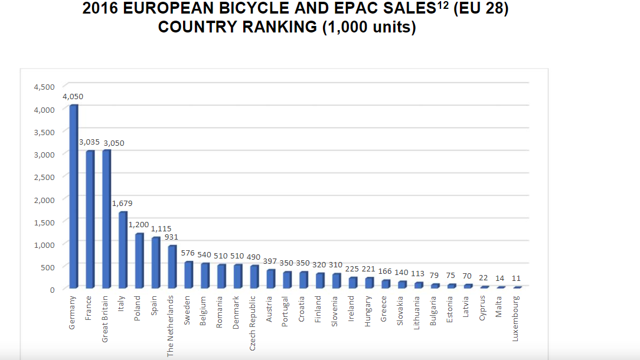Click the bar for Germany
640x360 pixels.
[x=74, y=197]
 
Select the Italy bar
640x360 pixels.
[x=123, y=250]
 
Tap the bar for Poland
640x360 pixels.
[x=139, y=261]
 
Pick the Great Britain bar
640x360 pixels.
[x=106, y=219]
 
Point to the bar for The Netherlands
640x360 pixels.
[x=172, y=267]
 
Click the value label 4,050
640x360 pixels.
[x=73, y=97]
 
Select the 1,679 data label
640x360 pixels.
[x=122, y=203]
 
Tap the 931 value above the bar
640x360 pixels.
[x=171, y=237]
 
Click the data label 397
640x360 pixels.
[x=270, y=261]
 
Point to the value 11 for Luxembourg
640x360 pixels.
[x=517, y=279]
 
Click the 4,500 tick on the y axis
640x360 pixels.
[x=44, y=87]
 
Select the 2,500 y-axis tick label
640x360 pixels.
[x=44, y=177]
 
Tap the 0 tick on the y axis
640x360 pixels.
[x=52, y=290]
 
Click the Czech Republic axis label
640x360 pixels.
[x=252, y=323]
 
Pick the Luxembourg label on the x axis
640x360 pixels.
[x=515, y=318]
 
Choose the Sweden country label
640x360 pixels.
[x=187, y=310]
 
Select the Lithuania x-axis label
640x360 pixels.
[x=417, y=313]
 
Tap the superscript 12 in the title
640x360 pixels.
[x=443, y=5]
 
